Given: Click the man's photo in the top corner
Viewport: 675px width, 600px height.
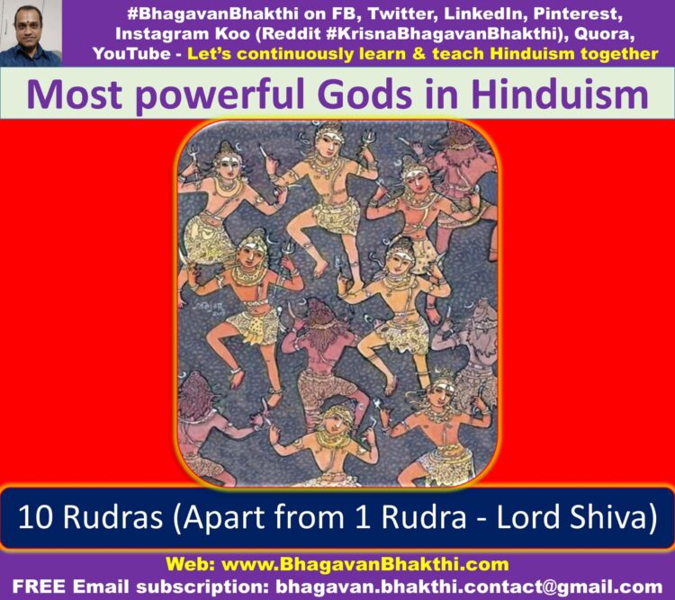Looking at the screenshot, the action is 31,33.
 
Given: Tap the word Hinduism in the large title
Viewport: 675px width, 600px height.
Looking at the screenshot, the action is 560,94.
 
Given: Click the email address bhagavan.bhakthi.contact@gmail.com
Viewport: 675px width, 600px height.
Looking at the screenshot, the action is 469,587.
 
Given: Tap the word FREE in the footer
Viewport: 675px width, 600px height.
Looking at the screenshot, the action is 40,587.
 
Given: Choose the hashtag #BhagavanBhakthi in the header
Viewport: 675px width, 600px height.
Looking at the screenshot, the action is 212,14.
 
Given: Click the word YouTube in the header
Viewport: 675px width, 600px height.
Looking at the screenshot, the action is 131,54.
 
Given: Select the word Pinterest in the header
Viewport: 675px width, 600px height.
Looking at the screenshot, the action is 578,14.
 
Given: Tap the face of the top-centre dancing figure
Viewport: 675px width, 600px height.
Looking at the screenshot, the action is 328,144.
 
